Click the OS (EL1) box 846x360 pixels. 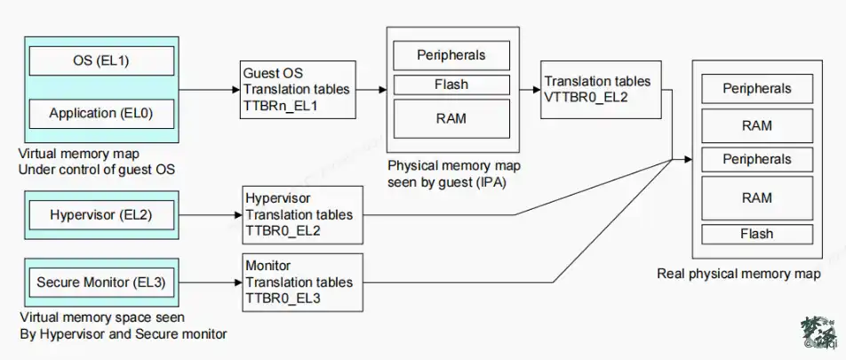pyautogui.click(x=101, y=60)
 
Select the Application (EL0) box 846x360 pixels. pyautogui.click(x=101, y=114)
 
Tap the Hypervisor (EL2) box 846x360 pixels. pyautogui.click(x=101, y=215)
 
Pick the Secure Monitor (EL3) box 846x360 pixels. pyautogui.click(x=101, y=283)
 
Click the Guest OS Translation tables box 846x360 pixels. pyautogui.click(x=298, y=90)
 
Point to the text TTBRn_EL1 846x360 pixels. pyautogui.click(x=281, y=106)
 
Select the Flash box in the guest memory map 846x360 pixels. pyautogui.click(x=451, y=84)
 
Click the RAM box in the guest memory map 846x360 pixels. pyautogui.click(x=451, y=119)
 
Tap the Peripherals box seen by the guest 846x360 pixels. pyautogui.click(x=451, y=55)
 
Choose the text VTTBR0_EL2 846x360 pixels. pyautogui.click(x=586, y=98)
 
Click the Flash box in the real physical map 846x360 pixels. pyautogui.click(x=757, y=235)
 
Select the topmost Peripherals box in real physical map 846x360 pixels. pyautogui.click(x=757, y=89)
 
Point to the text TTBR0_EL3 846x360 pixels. pyautogui.click(x=283, y=298)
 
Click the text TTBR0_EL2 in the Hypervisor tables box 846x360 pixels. pyautogui.click(x=283, y=230)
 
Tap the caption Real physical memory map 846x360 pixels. pyautogui.click(x=738, y=274)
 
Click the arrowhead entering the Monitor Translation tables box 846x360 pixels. pyautogui.click(x=238, y=283)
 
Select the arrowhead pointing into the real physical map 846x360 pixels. pyautogui.click(x=688, y=159)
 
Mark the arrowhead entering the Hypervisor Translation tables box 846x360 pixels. pyautogui.click(x=238, y=215)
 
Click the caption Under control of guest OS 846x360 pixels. pyautogui.click(x=97, y=169)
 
